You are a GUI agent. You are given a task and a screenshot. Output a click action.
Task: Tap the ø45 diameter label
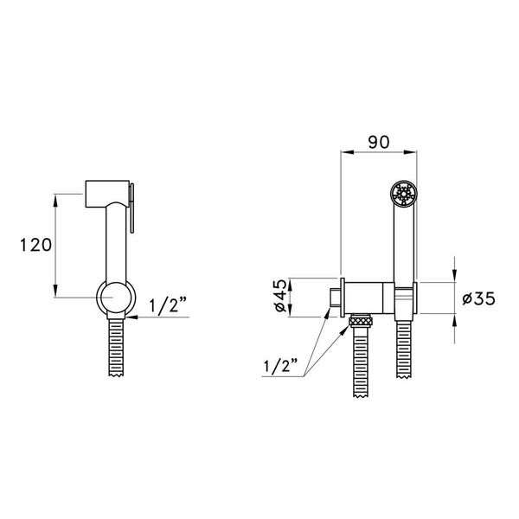(x=279, y=298)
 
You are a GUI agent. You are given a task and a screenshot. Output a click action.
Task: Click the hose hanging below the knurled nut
(x=361, y=363)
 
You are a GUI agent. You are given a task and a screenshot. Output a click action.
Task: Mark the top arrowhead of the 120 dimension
(x=57, y=197)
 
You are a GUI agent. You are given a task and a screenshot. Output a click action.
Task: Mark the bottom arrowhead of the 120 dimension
(x=57, y=293)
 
